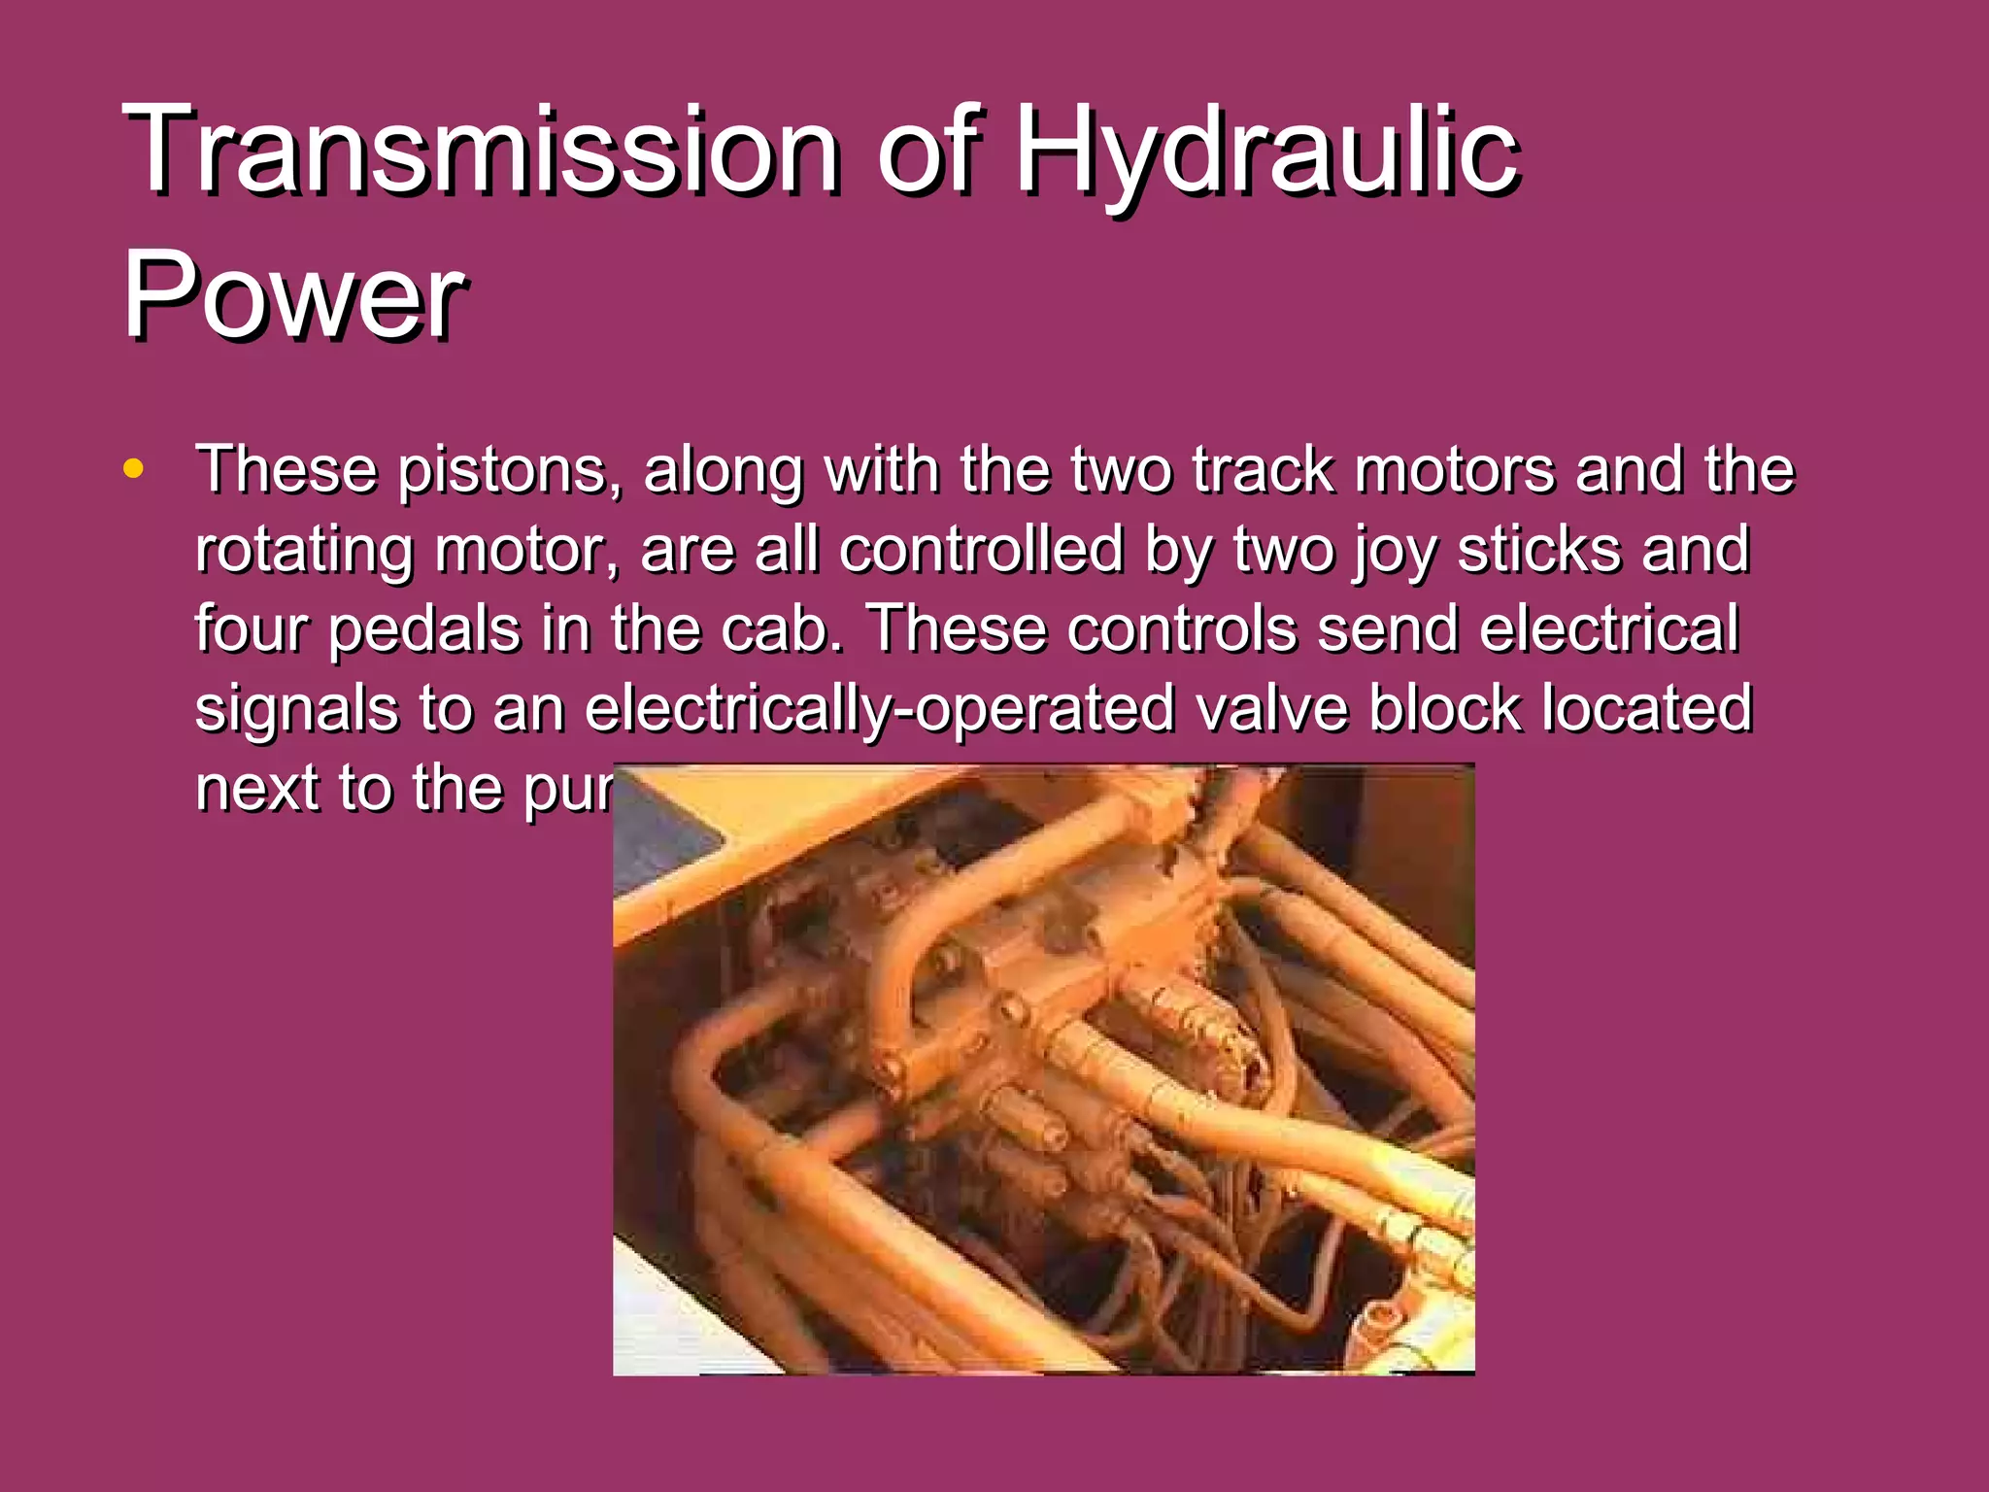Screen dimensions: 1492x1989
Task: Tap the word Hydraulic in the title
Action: [1267, 151]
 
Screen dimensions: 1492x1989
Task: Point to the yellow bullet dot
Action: [134, 470]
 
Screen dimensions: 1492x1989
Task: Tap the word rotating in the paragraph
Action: [304, 550]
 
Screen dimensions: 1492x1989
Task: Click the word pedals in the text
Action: [424, 629]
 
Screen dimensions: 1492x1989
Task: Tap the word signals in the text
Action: [296, 708]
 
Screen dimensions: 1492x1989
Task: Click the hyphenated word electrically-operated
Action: [879, 708]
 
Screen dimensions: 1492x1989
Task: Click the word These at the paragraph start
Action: [287, 470]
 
